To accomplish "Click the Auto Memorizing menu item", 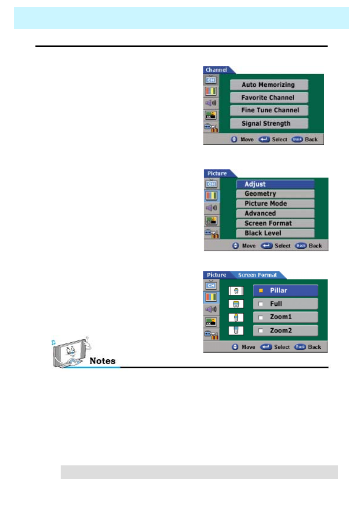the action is pyautogui.click(x=269, y=85).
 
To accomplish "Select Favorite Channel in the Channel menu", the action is pyautogui.click(x=269, y=98).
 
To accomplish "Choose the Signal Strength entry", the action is pyautogui.click(x=269, y=123).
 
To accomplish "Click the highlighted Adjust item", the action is pyautogui.click(x=275, y=184).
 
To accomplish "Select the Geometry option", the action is pyautogui.click(x=275, y=194).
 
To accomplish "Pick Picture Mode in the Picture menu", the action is pyautogui.click(x=275, y=203).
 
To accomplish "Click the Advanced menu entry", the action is pyautogui.click(x=275, y=213).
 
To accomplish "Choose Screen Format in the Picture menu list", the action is pyautogui.click(x=275, y=223).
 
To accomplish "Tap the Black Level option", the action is pyautogui.click(x=275, y=233).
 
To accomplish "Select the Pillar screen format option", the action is pyautogui.click(x=285, y=290).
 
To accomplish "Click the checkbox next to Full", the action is pyautogui.click(x=261, y=304).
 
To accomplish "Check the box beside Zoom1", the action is pyautogui.click(x=261, y=317).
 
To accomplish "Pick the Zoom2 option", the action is pyautogui.click(x=285, y=330).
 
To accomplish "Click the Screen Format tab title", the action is pyautogui.click(x=257, y=275).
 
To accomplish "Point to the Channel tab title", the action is pyautogui.click(x=216, y=70).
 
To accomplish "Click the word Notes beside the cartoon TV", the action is pyautogui.click(x=102, y=361).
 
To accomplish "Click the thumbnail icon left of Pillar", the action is pyautogui.click(x=236, y=291).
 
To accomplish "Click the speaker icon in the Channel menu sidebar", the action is pyautogui.click(x=211, y=103).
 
